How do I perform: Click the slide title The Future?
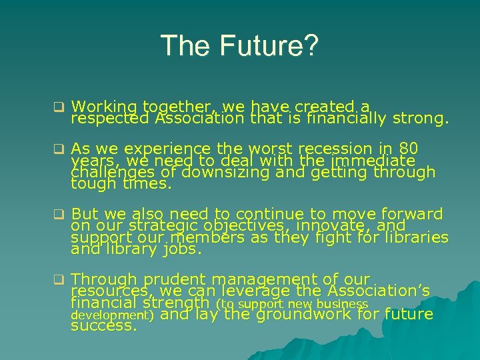240,46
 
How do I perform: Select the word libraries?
417,237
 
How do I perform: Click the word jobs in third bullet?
161,250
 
